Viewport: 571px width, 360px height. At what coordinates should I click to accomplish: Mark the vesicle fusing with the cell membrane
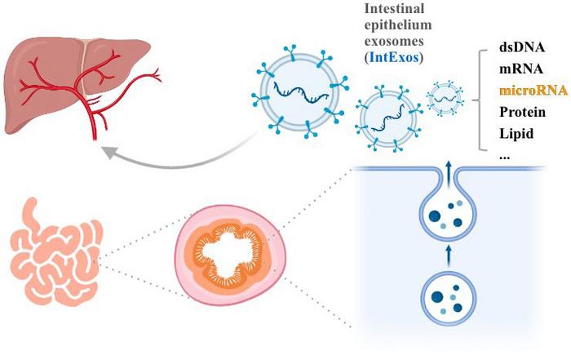[447, 209]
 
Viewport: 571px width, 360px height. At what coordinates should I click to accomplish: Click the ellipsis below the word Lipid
[503, 153]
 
